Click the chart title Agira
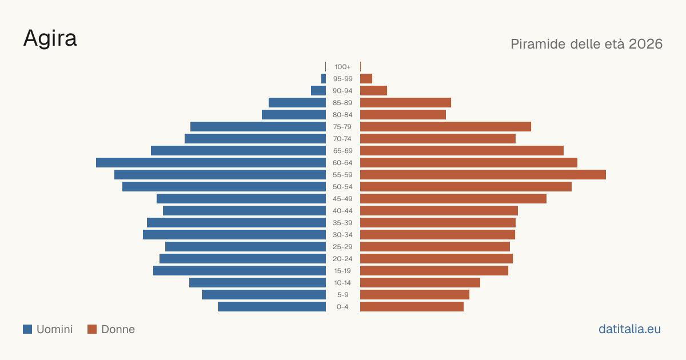click(50, 39)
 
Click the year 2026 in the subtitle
click(645, 44)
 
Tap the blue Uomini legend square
click(27, 329)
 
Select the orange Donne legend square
click(92, 329)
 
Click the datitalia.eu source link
click(629, 329)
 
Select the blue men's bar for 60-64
click(211, 162)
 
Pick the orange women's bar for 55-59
click(483, 174)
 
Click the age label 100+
click(342, 67)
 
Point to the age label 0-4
click(342, 307)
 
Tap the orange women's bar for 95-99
click(366, 79)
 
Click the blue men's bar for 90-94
click(318, 91)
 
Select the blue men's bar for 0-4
click(272, 307)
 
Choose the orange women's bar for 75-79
click(445, 127)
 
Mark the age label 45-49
click(342, 199)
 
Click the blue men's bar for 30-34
click(234, 234)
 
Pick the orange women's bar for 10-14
click(420, 282)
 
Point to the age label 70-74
click(342, 139)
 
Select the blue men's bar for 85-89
click(297, 102)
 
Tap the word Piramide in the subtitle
click(538, 44)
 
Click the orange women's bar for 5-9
click(414, 294)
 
